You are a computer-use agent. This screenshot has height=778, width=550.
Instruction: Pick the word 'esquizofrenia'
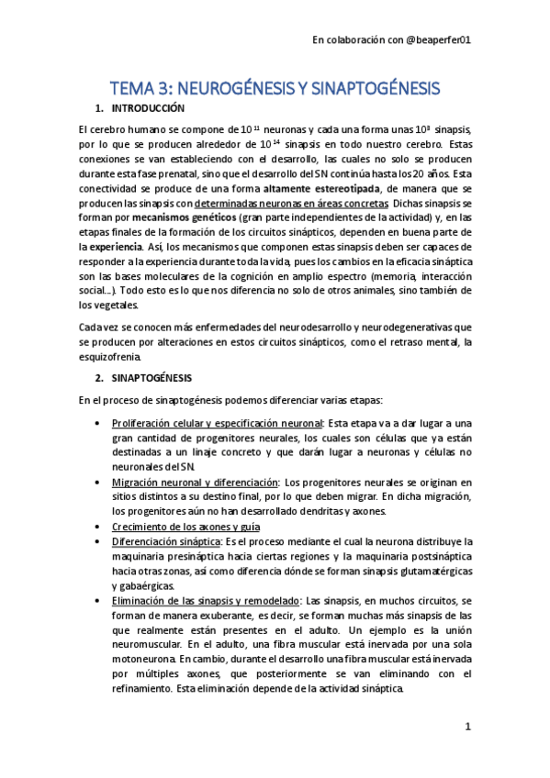[110, 357]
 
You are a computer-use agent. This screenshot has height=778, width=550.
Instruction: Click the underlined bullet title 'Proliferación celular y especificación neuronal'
[217, 423]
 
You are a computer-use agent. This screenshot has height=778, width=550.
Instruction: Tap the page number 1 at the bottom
[467, 727]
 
